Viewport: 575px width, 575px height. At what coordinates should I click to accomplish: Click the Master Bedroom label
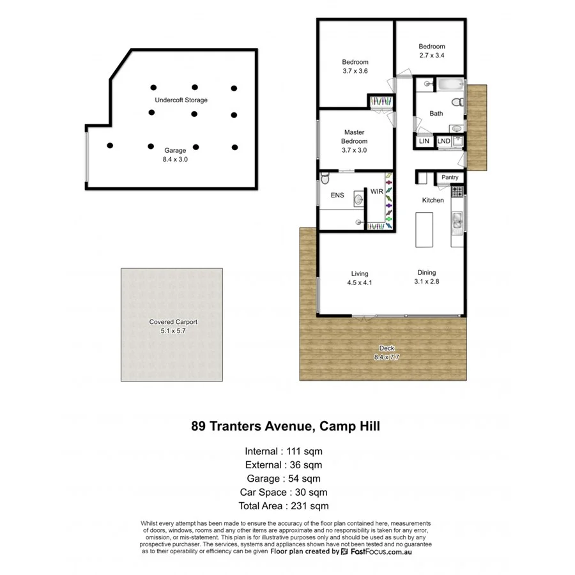click(x=354, y=137)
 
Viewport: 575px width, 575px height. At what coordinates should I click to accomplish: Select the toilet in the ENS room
click(x=325, y=180)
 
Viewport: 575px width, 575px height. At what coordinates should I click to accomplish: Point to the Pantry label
click(x=450, y=177)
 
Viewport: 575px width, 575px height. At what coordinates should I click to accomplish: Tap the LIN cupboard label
click(x=424, y=141)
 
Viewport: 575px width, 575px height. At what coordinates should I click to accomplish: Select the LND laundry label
click(x=444, y=141)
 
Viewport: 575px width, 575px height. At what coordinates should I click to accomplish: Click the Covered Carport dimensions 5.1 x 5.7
click(x=173, y=332)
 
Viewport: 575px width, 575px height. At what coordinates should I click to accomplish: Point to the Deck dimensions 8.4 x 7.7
click(x=386, y=357)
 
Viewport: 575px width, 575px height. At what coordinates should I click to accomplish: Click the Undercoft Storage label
click(x=181, y=100)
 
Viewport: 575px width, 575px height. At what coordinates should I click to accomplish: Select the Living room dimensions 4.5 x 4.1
click(x=359, y=282)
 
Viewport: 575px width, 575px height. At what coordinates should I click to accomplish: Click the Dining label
click(x=427, y=272)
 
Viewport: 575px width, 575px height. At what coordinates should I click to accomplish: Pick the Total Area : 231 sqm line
click(x=283, y=506)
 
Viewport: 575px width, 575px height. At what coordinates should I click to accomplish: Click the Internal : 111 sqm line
click(x=283, y=451)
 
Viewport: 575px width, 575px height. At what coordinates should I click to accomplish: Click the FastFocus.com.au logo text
click(x=381, y=551)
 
